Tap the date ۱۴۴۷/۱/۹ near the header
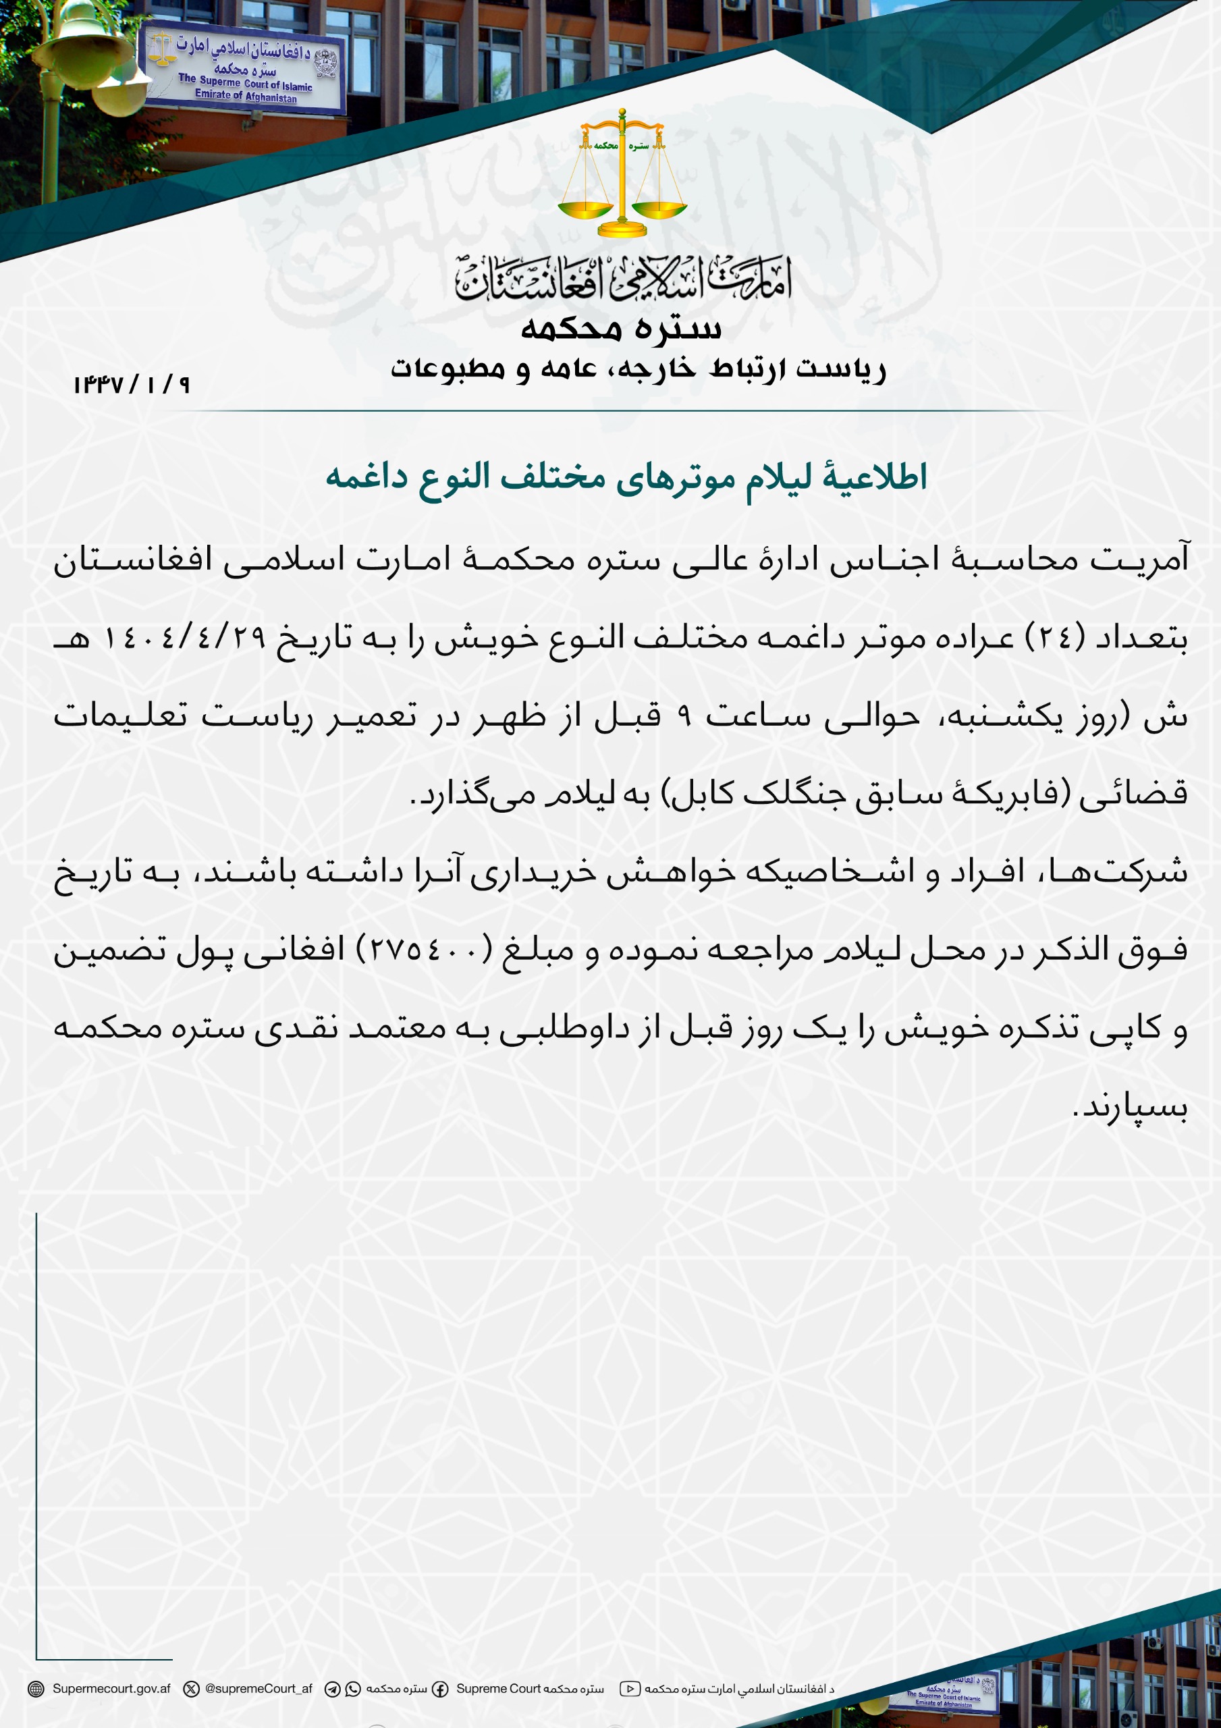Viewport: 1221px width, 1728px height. click(132, 385)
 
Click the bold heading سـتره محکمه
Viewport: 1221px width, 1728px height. click(621, 328)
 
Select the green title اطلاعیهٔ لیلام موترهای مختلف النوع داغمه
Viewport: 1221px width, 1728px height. click(626, 477)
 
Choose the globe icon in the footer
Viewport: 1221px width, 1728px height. click(35, 1689)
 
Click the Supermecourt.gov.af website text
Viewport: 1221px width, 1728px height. click(111, 1689)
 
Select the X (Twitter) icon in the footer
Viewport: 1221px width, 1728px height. click(192, 1689)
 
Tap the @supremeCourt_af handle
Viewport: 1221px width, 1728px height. click(259, 1689)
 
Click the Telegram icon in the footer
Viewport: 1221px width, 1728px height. click(332, 1690)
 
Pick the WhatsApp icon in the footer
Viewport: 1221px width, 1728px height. click(353, 1690)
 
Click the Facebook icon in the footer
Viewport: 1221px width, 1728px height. click(440, 1690)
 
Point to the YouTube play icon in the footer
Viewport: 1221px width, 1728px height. click(630, 1689)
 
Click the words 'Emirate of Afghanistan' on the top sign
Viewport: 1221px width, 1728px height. click(246, 97)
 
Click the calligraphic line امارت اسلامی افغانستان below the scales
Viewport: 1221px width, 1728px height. click(622, 281)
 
